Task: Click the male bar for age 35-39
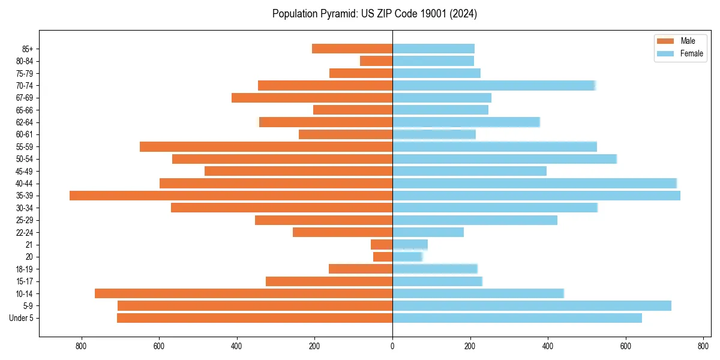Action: coord(231,196)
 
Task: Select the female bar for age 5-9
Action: coord(532,306)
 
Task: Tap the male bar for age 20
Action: coord(383,257)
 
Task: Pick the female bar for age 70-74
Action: coord(493,85)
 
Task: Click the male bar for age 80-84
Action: coord(376,61)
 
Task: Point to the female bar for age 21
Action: coord(410,245)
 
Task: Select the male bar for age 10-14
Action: coord(244,293)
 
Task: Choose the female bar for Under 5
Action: coord(517,318)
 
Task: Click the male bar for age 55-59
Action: coord(266,146)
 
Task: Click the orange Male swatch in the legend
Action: coord(666,41)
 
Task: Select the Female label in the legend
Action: coord(691,53)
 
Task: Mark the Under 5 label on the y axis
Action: coord(21,318)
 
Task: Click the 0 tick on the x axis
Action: coord(392,346)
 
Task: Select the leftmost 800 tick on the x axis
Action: coord(82,346)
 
